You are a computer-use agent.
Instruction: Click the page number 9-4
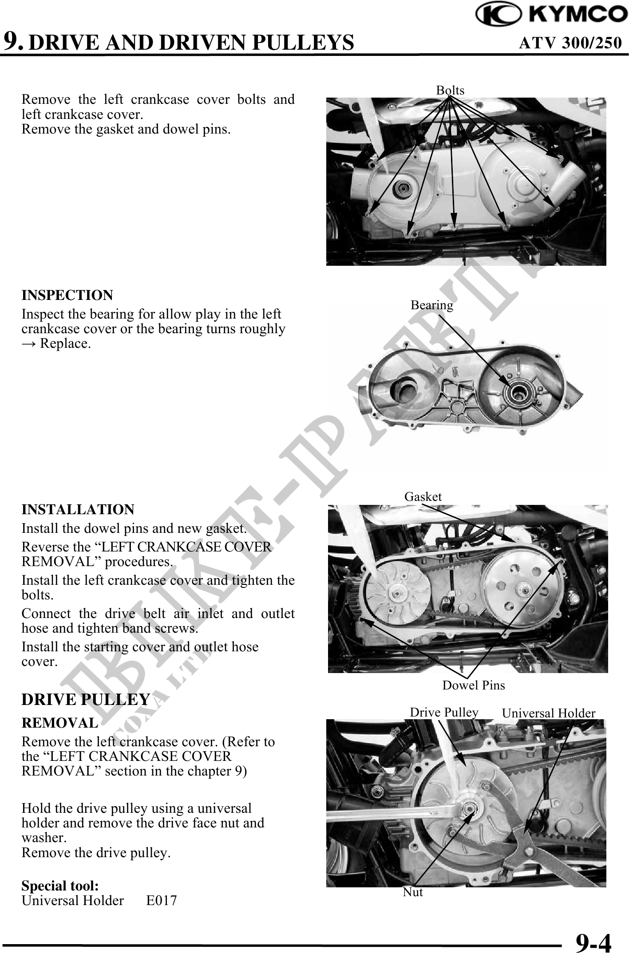[x=593, y=941]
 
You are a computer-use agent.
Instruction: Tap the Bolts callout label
[x=450, y=91]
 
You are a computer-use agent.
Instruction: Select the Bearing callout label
[x=432, y=305]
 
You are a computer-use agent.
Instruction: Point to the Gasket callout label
[x=423, y=496]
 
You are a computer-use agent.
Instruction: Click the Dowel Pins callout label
[x=474, y=685]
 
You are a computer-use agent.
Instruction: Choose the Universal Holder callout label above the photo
[x=549, y=713]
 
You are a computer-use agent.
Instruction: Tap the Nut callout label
[x=413, y=892]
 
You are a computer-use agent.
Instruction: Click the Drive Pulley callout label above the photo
[x=444, y=713]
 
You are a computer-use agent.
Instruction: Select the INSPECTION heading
[x=67, y=295]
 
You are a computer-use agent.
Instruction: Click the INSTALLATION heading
[x=78, y=509]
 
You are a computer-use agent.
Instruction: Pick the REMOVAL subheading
[x=60, y=723]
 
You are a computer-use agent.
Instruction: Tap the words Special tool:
[x=60, y=886]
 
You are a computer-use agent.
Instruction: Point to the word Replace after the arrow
[x=65, y=344]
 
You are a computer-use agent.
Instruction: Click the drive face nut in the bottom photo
[x=469, y=808]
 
